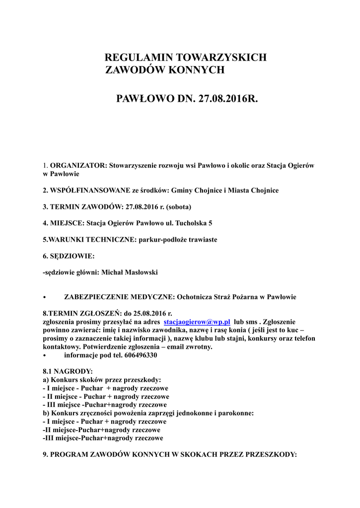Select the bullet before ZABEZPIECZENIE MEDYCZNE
[x=45, y=297]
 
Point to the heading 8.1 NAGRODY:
[x=68, y=371]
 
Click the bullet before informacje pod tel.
[x=45, y=356]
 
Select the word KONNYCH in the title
[x=197, y=70]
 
